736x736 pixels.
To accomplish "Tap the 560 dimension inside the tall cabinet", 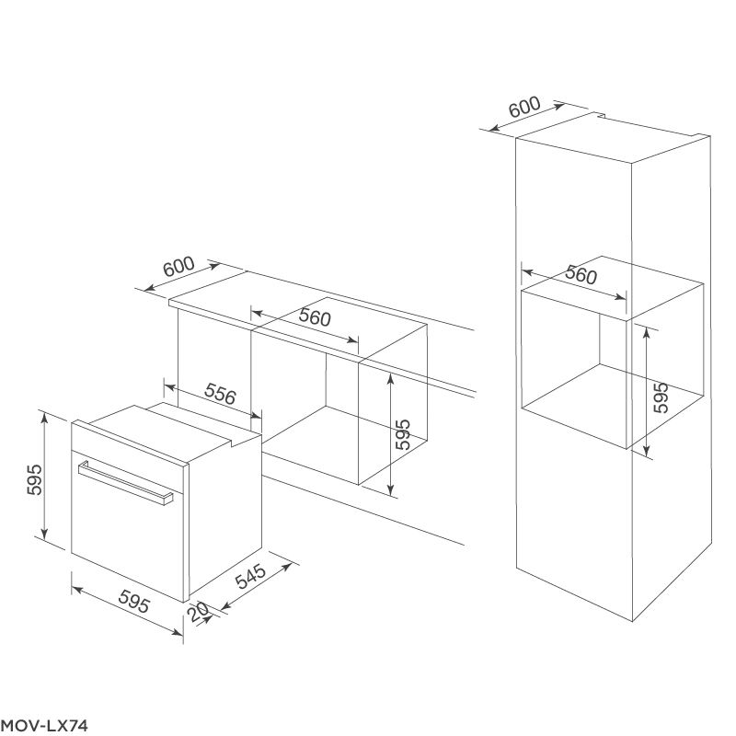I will (x=581, y=274).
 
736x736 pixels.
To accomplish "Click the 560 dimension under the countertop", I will (x=314, y=320).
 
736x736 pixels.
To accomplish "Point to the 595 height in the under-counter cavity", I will (x=403, y=433).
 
